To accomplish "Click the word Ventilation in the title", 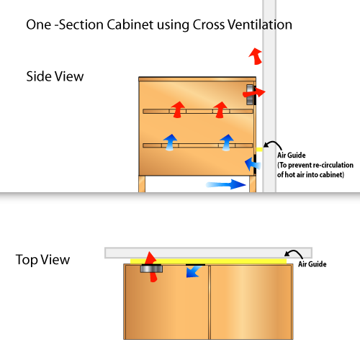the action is (x=260, y=24).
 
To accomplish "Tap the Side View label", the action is (x=55, y=76).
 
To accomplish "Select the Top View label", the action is (x=42, y=260).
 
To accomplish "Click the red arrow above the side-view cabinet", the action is (x=256, y=56).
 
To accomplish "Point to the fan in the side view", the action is (x=250, y=94).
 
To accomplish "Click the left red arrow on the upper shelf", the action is (x=178, y=109).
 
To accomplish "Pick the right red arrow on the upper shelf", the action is (x=220, y=109).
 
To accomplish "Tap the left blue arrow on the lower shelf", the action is (x=170, y=143).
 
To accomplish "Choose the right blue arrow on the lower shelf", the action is (x=227, y=143).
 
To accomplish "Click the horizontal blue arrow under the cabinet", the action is (x=226, y=184).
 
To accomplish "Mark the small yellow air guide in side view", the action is (x=259, y=150).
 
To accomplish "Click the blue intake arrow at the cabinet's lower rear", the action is (x=253, y=164).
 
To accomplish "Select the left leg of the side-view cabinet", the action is (x=142, y=184).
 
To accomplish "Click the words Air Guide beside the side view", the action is (x=292, y=156).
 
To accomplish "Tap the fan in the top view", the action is (x=151, y=269).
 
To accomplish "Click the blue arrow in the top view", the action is (x=194, y=272).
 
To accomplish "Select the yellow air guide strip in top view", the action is (x=208, y=261).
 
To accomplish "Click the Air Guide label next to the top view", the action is (x=312, y=264).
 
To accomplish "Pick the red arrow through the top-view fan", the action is (x=151, y=266).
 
